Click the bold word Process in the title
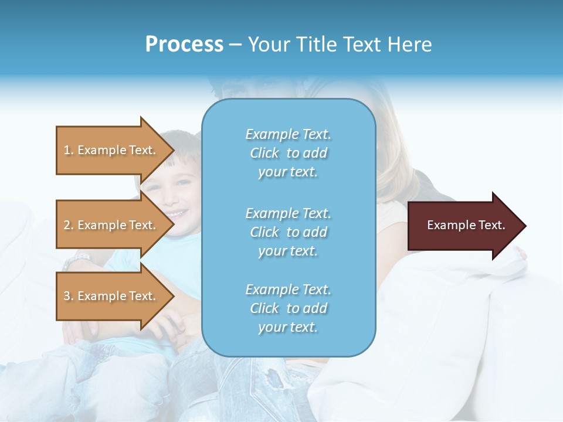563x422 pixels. point(184,45)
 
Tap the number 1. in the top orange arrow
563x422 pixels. point(69,151)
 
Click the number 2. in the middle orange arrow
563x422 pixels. point(69,226)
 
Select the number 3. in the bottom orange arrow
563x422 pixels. point(69,297)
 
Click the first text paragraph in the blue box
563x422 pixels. point(288,153)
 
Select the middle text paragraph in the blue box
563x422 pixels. point(288,232)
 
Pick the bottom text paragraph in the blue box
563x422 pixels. point(288,308)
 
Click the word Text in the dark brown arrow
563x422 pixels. point(492,225)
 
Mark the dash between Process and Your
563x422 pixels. point(235,46)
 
